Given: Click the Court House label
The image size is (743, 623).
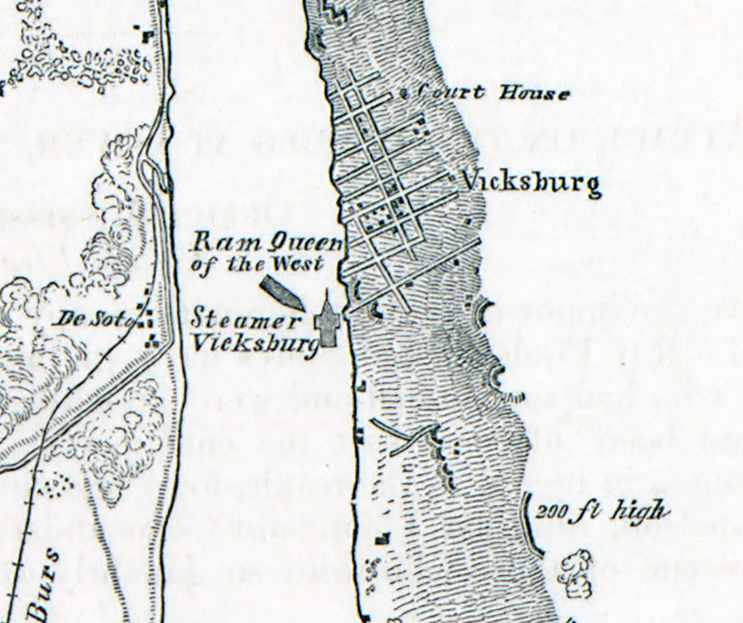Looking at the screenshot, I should click(493, 93).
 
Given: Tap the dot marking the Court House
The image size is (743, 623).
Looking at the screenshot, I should click(404, 94).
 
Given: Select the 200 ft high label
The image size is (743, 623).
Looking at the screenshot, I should click(601, 512).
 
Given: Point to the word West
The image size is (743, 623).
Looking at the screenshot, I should click(302, 264).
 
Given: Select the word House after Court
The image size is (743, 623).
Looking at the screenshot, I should click(534, 94).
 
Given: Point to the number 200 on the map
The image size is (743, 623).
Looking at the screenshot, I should click(549, 512).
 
